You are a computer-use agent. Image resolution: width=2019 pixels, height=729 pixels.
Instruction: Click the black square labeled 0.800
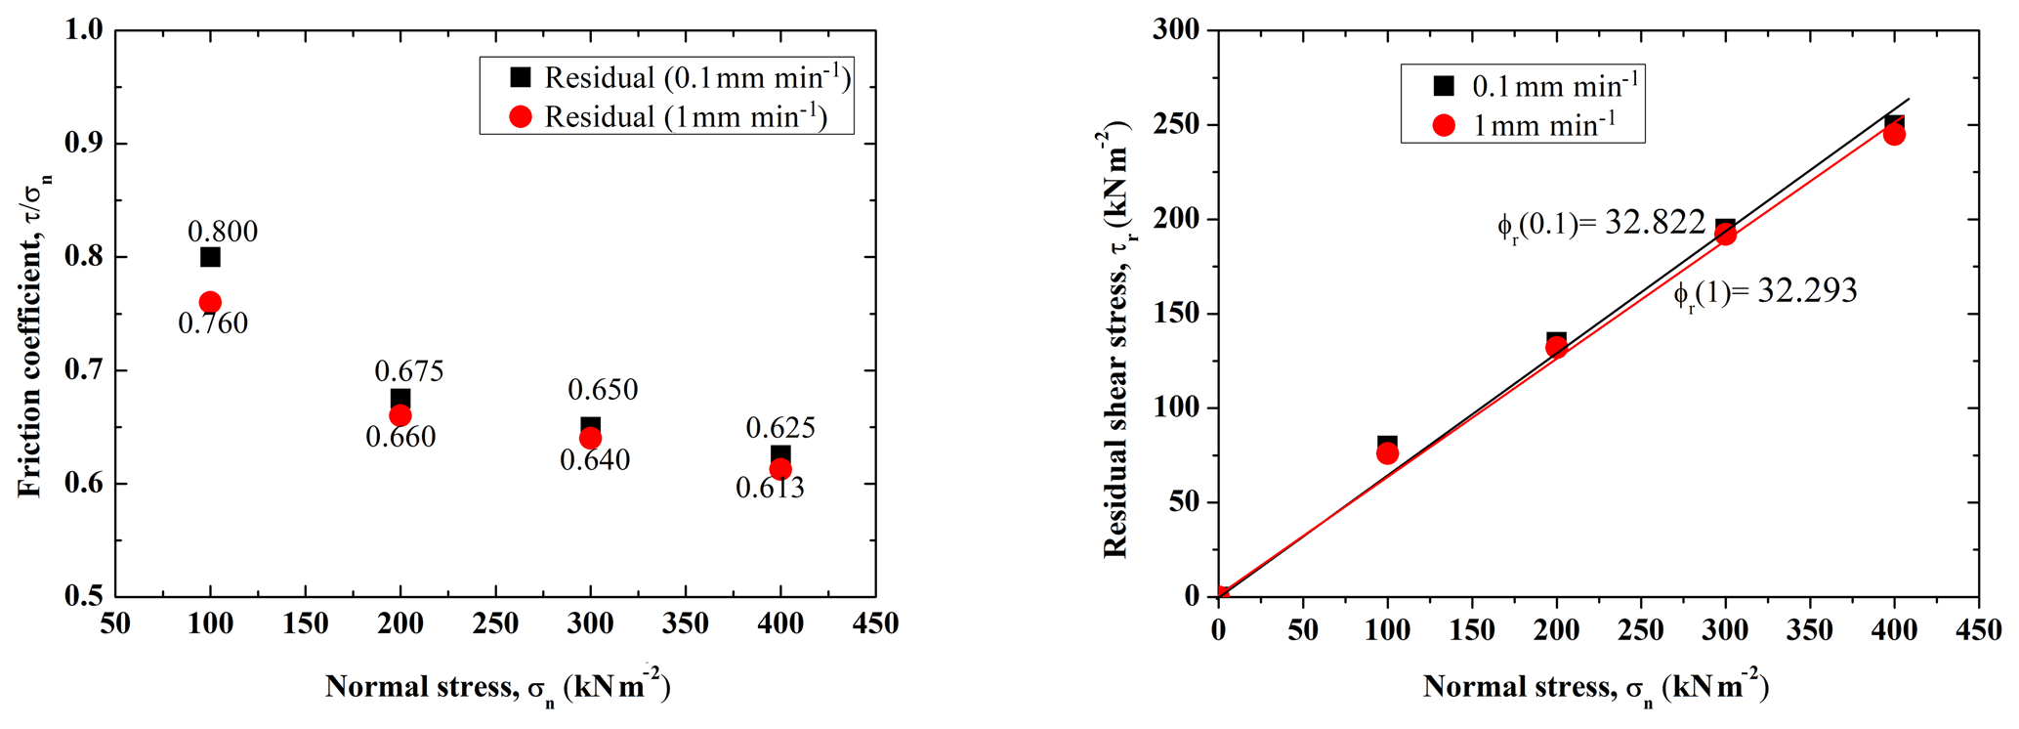(210, 257)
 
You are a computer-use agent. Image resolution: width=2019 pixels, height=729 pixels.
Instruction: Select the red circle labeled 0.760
(210, 303)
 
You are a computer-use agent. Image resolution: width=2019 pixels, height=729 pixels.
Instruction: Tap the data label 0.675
(409, 371)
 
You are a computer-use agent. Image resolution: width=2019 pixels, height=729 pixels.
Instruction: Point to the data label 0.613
(770, 488)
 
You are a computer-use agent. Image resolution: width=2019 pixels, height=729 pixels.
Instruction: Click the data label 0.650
(603, 390)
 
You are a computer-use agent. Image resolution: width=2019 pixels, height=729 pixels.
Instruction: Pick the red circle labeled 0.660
(400, 415)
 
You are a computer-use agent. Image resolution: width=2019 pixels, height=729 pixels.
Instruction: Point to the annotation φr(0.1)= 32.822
(1601, 225)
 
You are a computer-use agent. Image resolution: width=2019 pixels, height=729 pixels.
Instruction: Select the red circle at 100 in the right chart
(1387, 453)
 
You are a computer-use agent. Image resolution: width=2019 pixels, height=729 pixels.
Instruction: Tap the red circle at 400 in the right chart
(1894, 134)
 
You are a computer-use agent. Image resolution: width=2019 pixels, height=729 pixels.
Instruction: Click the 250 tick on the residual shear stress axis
(1177, 125)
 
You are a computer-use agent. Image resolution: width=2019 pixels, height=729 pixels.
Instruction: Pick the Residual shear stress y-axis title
(1116, 342)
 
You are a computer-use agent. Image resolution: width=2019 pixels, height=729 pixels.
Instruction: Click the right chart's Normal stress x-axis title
(1595, 688)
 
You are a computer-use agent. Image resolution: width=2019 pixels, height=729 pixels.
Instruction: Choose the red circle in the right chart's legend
(1443, 126)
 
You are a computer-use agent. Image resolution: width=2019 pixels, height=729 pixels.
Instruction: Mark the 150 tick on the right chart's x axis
(1471, 630)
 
